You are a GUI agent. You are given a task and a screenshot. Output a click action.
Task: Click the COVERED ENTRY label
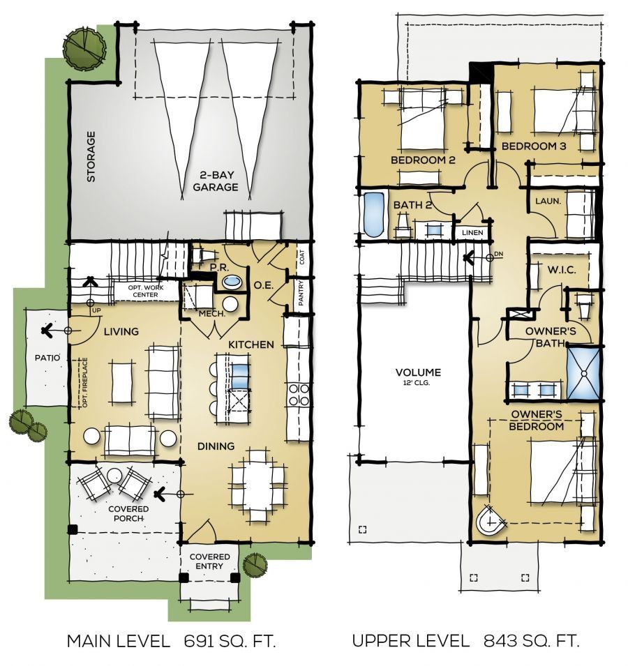(210, 561)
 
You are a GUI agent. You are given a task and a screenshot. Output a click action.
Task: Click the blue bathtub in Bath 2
(373, 216)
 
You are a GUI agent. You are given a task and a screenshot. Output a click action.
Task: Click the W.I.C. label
(562, 270)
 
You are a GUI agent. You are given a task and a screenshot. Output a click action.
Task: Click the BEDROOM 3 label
(534, 146)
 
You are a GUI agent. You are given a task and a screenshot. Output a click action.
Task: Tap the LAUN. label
(544, 202)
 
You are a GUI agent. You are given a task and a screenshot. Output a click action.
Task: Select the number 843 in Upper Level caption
(498, 641)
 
